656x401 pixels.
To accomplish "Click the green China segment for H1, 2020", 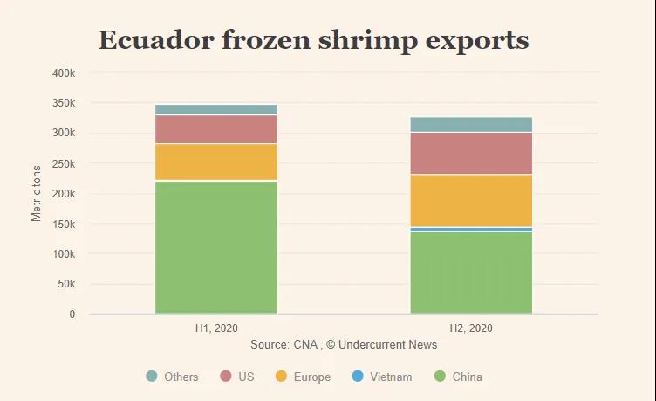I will tap(216, 247).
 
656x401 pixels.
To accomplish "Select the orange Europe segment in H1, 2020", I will tap(216, 162).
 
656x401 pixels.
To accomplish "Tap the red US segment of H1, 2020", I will tap(216, 129).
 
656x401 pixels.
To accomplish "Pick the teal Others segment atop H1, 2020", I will tap(216, 109).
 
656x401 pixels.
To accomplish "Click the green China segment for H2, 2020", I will tap(471, 273).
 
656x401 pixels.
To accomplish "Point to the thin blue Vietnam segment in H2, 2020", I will tap(471, 229).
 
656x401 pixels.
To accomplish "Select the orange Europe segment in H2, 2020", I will tap(471, 200).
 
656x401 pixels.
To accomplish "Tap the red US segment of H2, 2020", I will tap(471, 153).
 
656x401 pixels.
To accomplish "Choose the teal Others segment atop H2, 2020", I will tap(471, 124).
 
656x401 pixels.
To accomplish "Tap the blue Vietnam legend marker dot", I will tap(356, 377).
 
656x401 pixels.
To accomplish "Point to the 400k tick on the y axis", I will tap(64, 73).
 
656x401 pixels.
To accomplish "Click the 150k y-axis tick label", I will tap(64, 224).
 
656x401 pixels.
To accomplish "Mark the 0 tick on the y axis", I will tap(72, 315).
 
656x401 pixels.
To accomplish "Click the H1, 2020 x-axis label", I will tap(216, 329).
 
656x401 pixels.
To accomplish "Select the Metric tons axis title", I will tap(37, 193).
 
